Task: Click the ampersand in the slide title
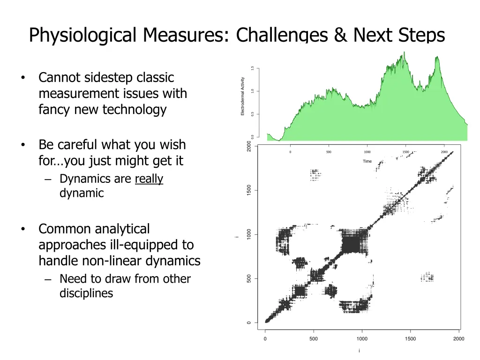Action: point(341,35)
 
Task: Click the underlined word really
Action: point(149,179)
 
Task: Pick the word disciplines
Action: point(86,293)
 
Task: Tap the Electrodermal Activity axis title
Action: point(242,96)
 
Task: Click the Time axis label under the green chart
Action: point(367,161)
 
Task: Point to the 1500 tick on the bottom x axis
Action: point(410,339)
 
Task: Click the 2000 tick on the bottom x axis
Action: point(458,339)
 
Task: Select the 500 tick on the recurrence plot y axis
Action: point(249,279)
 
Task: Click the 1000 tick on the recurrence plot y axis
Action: point(249,234)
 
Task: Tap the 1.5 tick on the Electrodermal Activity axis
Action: point(252,68)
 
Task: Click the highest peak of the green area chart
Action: point(404,52)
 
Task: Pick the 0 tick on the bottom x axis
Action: point(265,339)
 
